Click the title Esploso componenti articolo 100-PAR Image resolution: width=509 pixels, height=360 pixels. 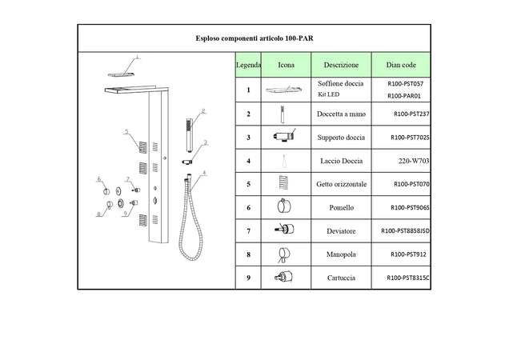tap(254, 38)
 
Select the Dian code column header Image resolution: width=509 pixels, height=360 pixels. tap(401, 65)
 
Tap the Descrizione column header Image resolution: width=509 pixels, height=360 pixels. tap(341, 65)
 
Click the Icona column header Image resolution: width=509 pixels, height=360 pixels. tap(286, 65)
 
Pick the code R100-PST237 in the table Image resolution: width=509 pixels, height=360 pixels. tap(411, 114)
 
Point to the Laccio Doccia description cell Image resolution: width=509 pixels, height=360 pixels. tap(341, 161)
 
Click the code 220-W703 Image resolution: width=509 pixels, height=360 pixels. tap(414, 161)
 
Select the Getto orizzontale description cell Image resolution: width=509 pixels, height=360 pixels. tap(341, 184)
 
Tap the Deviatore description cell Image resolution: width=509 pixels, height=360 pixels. tap(341, 231)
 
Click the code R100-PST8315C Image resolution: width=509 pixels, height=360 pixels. tap(408, 278)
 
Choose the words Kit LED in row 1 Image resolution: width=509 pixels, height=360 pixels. tap(328, 94)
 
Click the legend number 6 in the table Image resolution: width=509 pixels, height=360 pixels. tap(248, 208)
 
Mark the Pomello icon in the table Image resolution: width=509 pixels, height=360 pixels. tap(284, 206)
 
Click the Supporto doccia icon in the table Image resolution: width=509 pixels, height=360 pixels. tap(285, 136)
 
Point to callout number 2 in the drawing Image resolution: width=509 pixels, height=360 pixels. tap(203, 111)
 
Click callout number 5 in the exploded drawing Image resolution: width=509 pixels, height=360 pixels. tap(126, 131)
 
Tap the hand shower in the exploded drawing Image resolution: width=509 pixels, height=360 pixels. tap(189, 135)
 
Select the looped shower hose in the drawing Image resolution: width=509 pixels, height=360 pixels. tap(190, 217)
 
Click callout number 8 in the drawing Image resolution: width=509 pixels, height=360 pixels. tap(98, 214)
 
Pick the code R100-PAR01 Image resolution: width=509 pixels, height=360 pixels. tap(404, 96)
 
